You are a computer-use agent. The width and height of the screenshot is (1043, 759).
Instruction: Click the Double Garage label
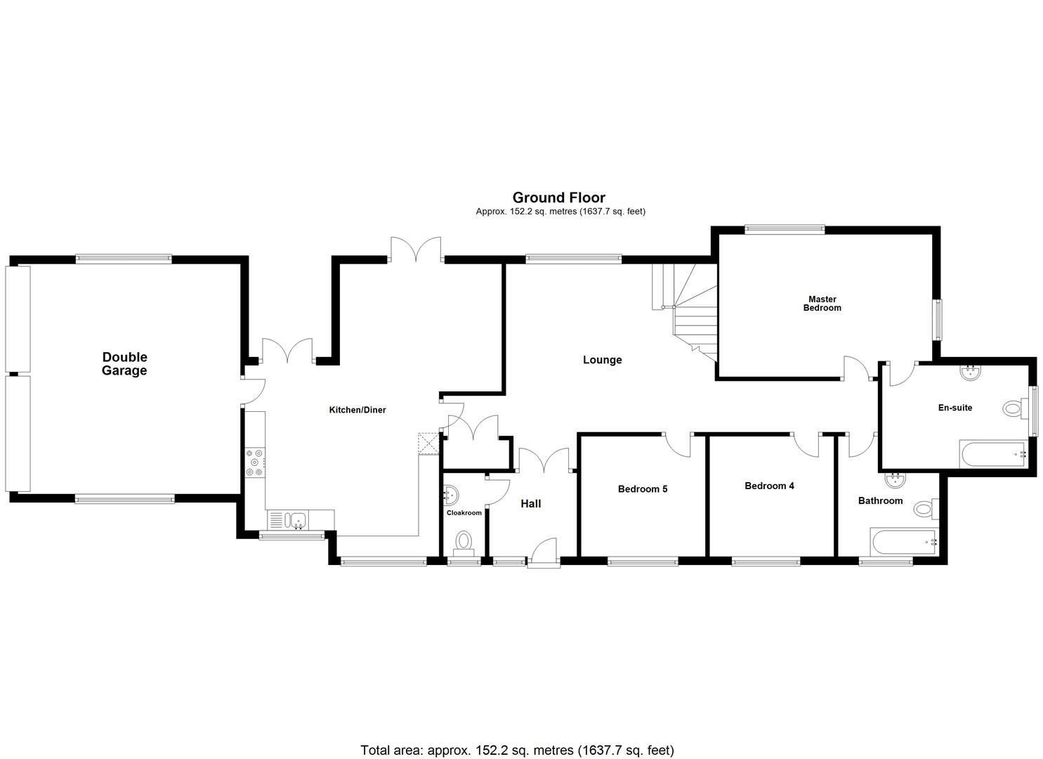click(x=124, y=364)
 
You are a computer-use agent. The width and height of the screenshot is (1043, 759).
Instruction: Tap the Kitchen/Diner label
click(x=357, y=410)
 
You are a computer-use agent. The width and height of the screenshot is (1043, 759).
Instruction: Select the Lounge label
click(x=602, y=360)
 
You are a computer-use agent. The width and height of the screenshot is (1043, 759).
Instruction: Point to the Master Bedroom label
click(x=822, y=304)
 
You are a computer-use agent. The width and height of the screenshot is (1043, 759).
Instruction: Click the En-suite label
click(x=955, y=408)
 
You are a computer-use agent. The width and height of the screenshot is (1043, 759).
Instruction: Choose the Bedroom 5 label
click(x=642, y=489)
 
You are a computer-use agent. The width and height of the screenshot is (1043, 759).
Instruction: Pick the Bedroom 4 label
click(x=769, y=486)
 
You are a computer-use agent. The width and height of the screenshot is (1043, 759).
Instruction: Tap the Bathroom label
click(x=880, y=501)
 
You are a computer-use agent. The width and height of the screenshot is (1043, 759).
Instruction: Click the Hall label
click(x=530, y=504)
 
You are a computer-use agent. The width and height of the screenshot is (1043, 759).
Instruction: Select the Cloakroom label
click(x=464, y=513)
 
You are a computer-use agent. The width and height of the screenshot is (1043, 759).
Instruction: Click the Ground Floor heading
click(x=558, y=197)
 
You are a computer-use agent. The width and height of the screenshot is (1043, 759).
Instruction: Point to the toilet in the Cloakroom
click(x=464, y=541)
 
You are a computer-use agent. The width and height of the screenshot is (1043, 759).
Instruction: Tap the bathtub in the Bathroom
click(x=903, y=541)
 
